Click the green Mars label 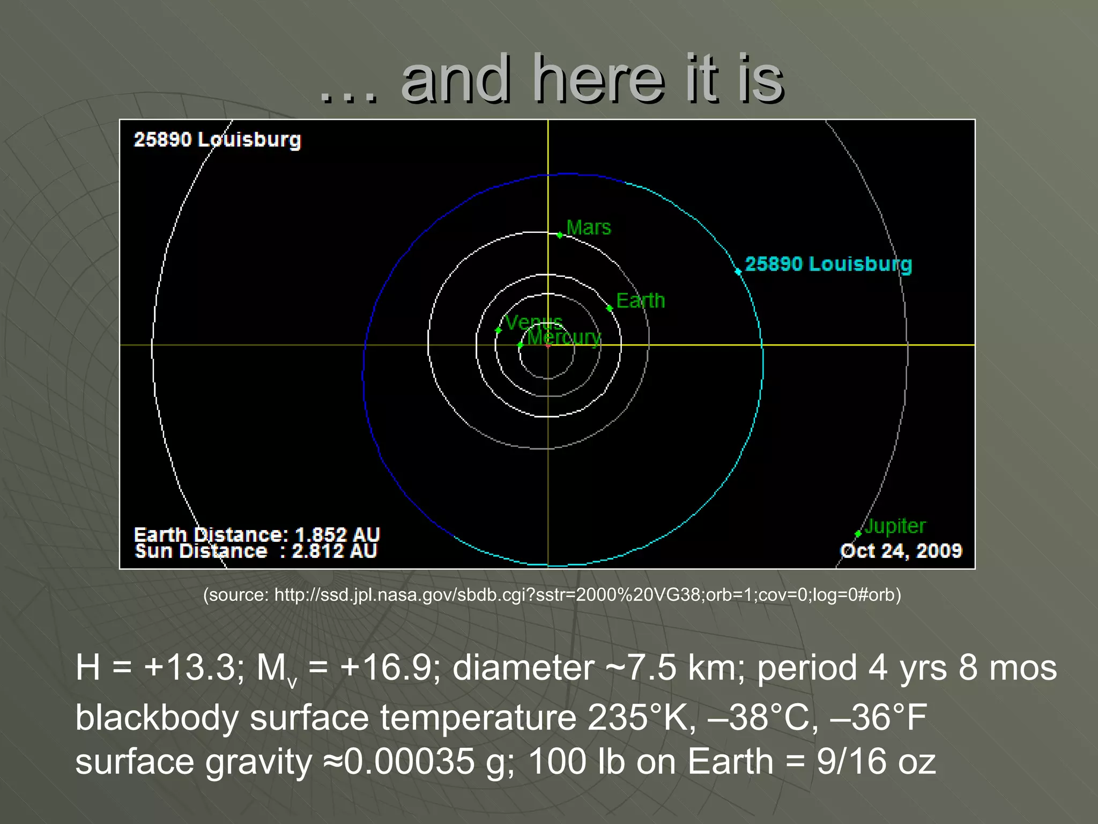588,227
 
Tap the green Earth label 640,300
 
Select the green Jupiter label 895,526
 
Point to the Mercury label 564,337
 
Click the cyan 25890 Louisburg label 828,264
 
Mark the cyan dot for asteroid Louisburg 738,271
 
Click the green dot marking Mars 560,235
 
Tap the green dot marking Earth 610,308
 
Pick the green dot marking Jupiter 858,533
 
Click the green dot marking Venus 498,330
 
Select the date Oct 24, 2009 901,550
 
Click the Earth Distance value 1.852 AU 337,534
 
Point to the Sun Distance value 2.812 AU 334,550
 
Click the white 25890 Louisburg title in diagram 217,139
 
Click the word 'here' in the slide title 599,80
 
